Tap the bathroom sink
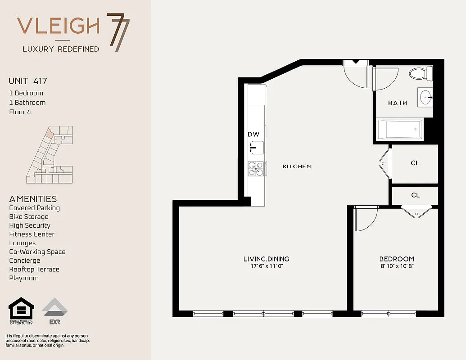tap(425, 97)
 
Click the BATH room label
tap(397, 103)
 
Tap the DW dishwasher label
tap(253, 134)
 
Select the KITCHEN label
tap(296, 166)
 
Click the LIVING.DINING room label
tap(266, 259)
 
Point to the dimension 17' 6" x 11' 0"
tap(266, 266)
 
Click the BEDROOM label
tap(396, 259)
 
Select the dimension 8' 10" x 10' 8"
tap(396, 266)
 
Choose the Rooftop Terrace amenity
tap(34, 269)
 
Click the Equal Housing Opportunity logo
tap(21, 311)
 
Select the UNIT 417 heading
tap(28, 81)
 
